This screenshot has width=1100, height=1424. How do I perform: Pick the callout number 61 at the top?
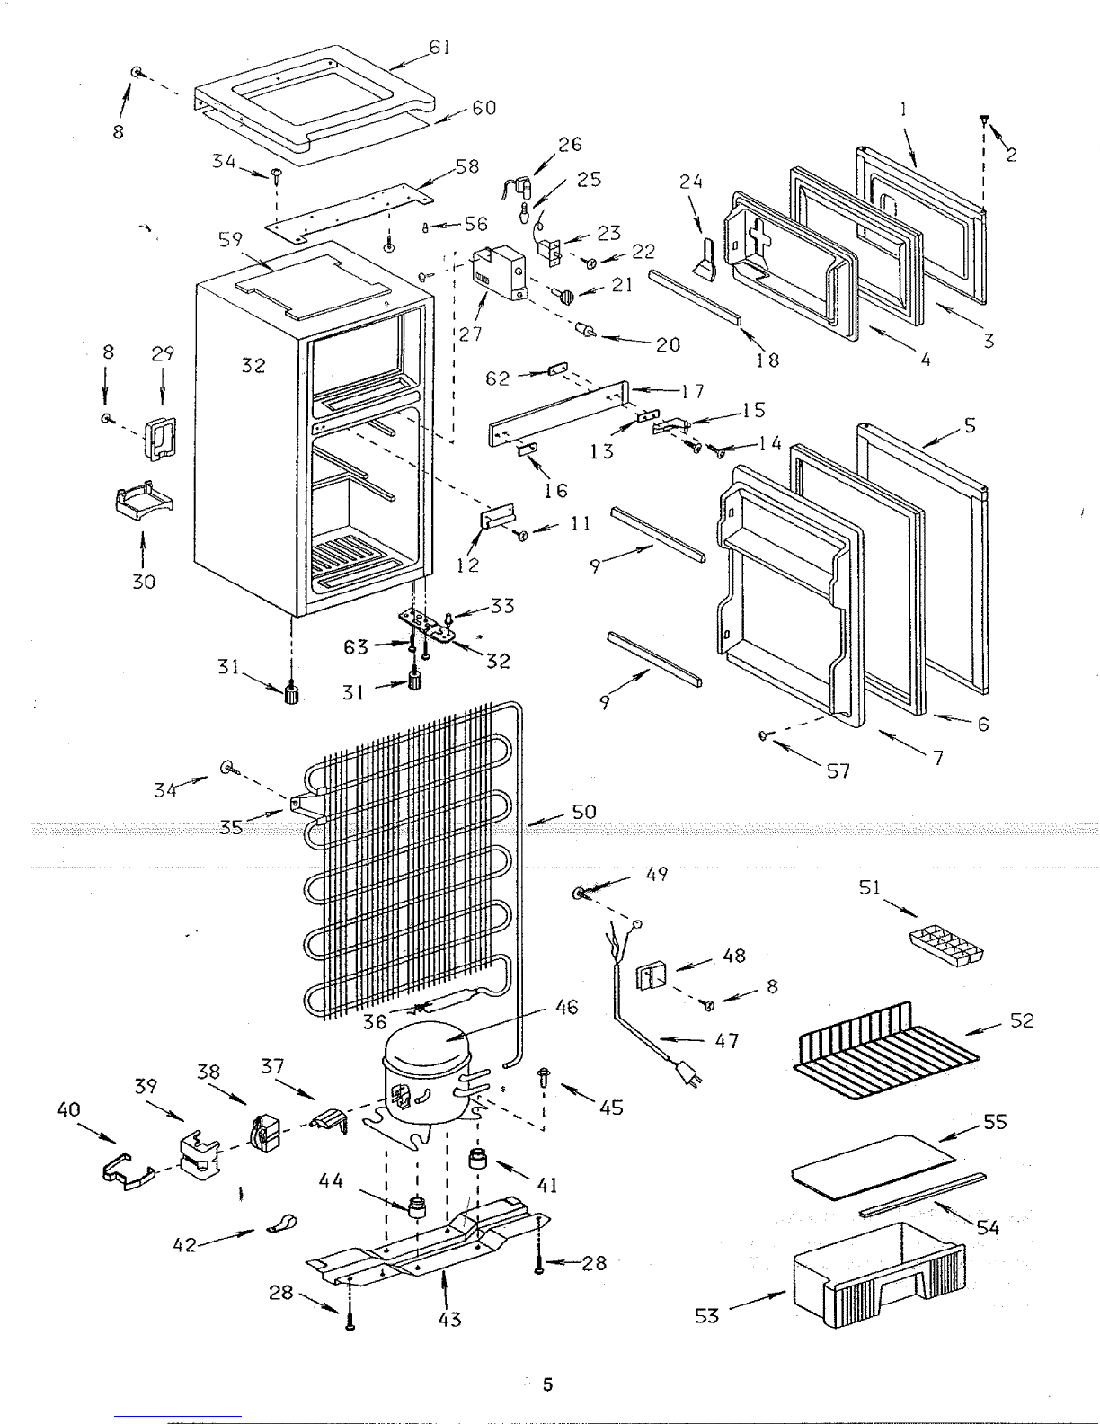[439, 48]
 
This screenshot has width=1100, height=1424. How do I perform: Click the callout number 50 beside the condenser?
[583, 813]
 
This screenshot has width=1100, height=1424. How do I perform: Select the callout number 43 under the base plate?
[449, 1319]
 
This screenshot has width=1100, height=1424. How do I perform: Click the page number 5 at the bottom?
[547, 1384]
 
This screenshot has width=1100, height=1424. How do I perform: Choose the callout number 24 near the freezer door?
[690, 182]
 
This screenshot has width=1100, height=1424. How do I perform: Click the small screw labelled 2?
[985, 120]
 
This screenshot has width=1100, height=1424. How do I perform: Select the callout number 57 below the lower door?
[838, 770]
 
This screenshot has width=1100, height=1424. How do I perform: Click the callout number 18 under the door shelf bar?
[767, 360]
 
